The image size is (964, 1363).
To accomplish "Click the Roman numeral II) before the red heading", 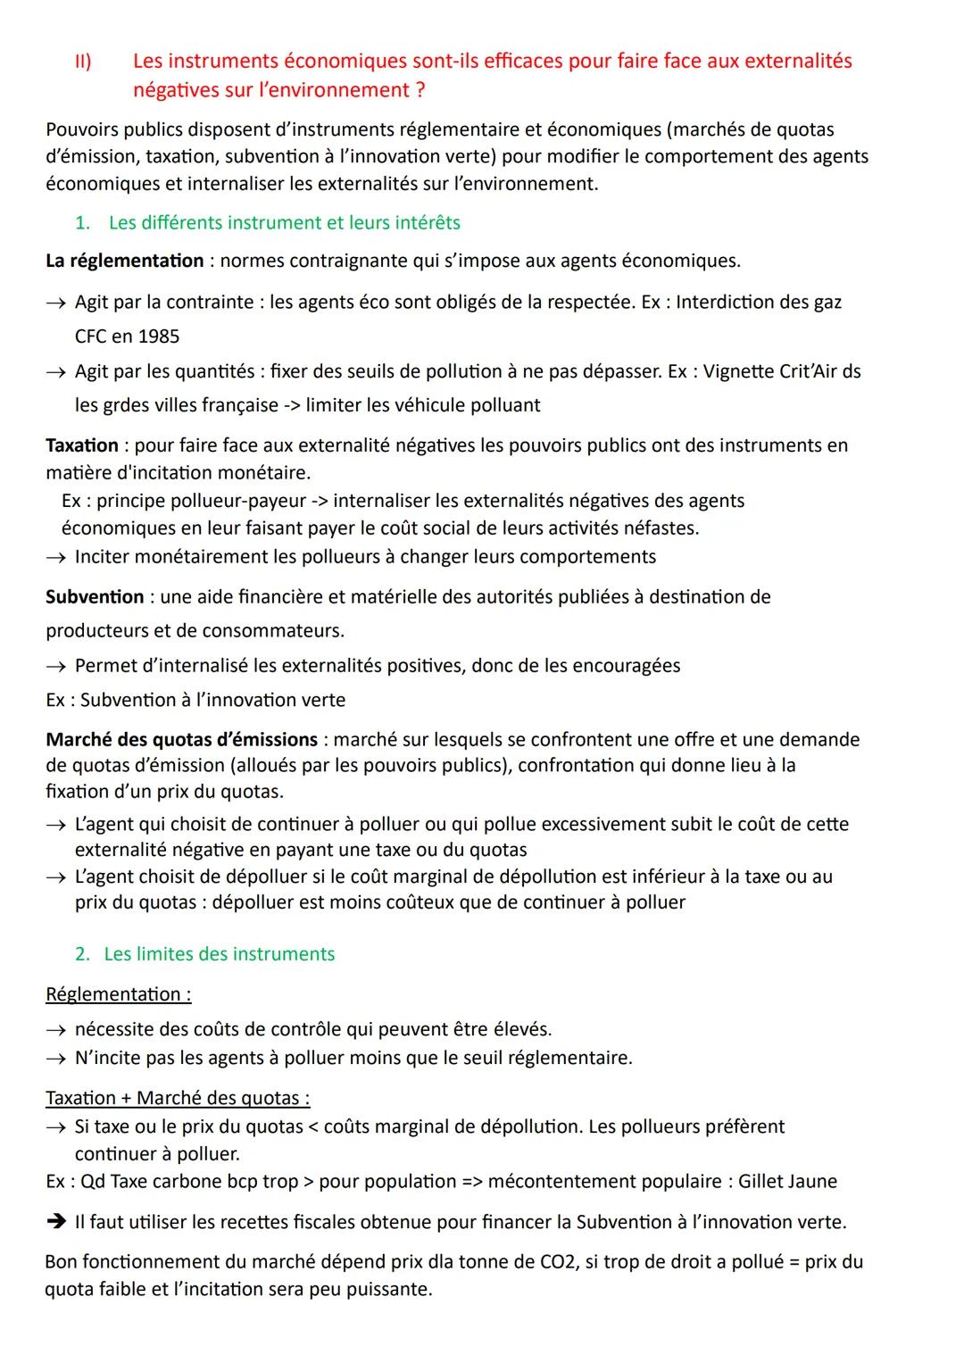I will pyautogui.click(x=83, y=62).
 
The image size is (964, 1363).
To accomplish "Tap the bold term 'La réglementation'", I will pyautogui.click(x=124, y=261).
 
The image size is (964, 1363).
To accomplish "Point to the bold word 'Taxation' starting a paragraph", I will pyautogui.click(x=82, y=445).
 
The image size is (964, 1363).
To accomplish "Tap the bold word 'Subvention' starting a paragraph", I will pyautogui.click(x=95, y=596).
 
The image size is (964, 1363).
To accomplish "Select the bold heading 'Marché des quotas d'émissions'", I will pyautogui.click(x=181, y=739).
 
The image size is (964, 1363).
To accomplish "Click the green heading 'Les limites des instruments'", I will pyautogui.click(x=219, y=954).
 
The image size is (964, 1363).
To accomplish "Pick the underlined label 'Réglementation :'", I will pyautogui.click(x=118, y=994).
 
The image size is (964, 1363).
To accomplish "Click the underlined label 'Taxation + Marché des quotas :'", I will pyautogui.click(x=178, y=1098).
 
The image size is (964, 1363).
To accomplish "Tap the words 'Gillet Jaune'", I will pyautogui.click(x=787, y=1181).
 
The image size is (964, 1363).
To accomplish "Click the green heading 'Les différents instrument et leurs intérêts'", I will pyautogui.click(x=284, y=222).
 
